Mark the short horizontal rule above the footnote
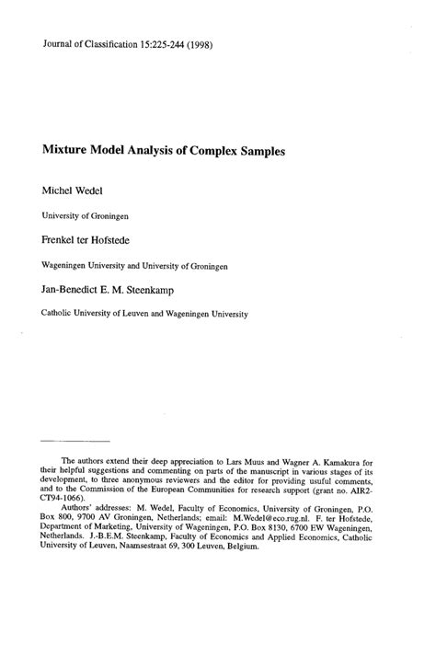pos(76,441)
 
